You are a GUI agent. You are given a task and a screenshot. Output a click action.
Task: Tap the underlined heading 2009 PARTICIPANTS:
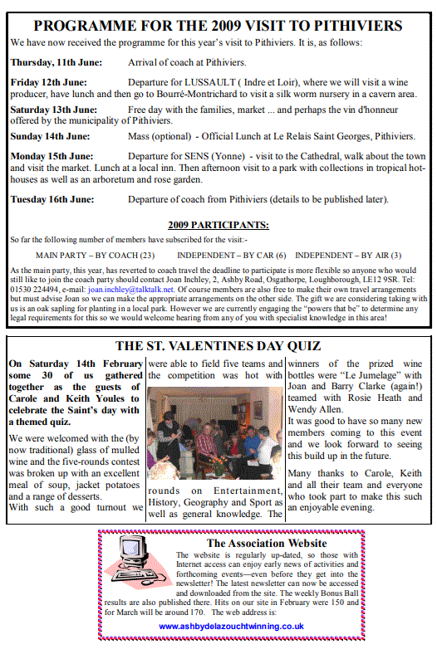coord(218,224)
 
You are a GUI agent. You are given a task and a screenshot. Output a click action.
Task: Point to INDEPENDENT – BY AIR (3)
coord(348,255)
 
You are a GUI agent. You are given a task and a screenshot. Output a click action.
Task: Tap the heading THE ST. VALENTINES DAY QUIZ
coord(218,346)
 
